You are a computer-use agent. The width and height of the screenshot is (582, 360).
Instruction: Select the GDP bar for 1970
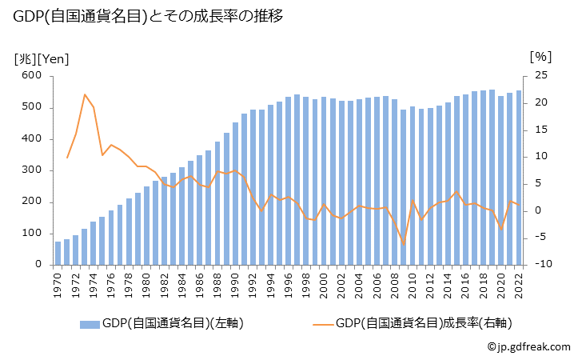pos(58,253)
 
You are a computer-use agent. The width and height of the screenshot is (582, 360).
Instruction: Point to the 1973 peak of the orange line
pos(85,94)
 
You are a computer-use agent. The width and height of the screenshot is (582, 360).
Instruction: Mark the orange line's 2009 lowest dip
pos(404,245)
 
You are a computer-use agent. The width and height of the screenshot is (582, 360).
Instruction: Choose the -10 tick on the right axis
pos(540,265)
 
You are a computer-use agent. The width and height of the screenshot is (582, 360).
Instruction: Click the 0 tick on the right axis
pos(538,210)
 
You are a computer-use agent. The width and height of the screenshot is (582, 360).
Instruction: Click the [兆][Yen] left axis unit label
pos(41,58)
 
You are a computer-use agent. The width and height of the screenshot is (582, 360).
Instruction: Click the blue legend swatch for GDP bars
pos(90,323)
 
